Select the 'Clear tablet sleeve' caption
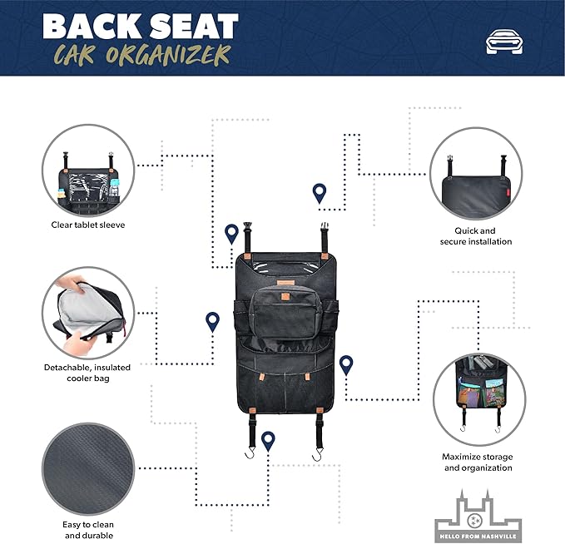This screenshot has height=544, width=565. coord(88,225)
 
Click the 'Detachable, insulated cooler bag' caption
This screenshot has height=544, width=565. coord(88,373)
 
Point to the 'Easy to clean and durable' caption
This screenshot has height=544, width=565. coord(88,530)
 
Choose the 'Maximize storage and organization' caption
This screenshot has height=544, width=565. coord(477,462)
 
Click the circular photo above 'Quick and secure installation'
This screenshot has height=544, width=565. coord(477,174)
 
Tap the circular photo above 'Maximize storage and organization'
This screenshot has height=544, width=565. coord(477,398)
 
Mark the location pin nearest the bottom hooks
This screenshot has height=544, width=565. coord(268,440)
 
